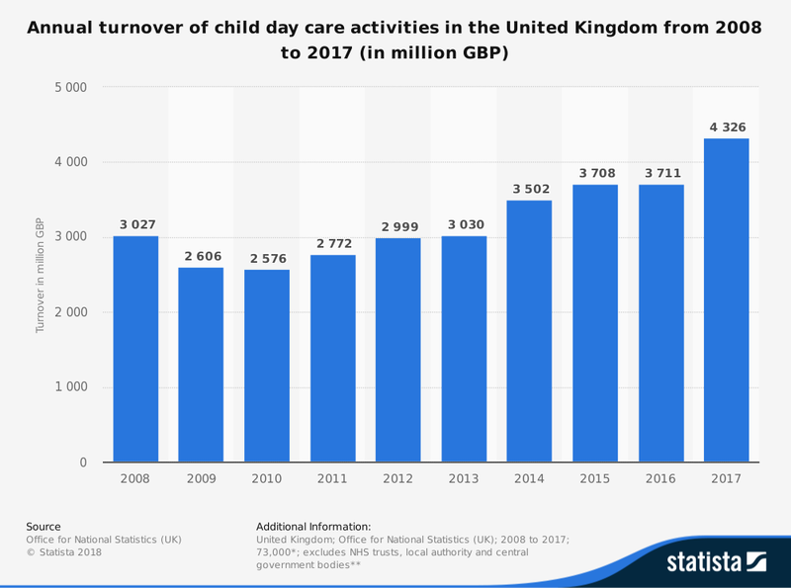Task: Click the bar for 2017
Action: pos(726,300)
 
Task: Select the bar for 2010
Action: pos(267,366)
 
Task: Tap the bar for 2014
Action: pos(529,331)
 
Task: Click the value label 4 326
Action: pos(726,127)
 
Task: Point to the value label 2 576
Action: pos(267,258)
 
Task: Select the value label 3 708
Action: pos(595,174)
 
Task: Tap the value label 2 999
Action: pos(398,226)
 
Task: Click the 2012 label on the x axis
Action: pos(398,479)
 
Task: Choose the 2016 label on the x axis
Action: pos(660,479)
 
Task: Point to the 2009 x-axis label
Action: pos(202,479)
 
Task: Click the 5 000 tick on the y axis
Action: pos(70,87)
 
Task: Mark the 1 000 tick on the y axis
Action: pos(70,387)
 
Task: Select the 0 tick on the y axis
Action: pos(83,462)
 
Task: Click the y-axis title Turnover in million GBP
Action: pos(41,275)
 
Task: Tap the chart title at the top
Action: pos(395,41)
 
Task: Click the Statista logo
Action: pos(717,562)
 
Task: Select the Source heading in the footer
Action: pos(44,527)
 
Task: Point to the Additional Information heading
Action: pos(313,527)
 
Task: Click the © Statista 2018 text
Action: pos(63,552)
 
